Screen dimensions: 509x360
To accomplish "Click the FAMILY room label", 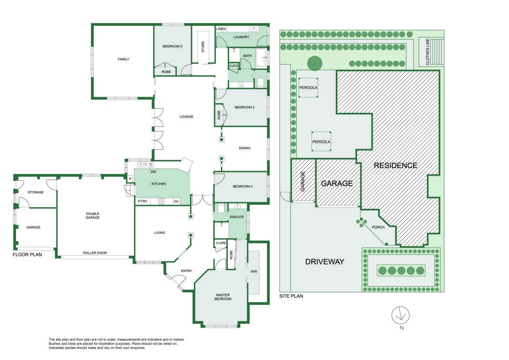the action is [123, 59].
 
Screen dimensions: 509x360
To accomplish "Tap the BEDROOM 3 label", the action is [172, 46].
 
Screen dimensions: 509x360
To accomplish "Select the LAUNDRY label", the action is [241, 37].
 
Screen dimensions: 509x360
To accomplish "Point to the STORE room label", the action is [203, 47].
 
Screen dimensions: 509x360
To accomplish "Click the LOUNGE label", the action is [186, 117].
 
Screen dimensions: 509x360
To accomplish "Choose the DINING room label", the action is [245, 148].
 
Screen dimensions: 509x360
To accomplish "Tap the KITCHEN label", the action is [159, 184].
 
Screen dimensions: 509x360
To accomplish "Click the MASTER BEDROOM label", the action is [223, 297].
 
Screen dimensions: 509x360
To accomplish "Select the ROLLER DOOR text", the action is [95, 253].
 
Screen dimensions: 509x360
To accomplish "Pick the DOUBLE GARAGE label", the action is [92, 215].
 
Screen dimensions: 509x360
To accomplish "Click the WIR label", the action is [254, 272].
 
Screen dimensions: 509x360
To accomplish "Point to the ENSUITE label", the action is [237, 217].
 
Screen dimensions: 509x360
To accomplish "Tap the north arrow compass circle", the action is [400, 315].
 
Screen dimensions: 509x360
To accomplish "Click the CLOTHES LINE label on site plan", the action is [428, 52].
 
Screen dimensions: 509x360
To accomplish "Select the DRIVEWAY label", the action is [325, 262].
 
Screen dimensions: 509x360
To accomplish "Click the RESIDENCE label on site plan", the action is [395, 165].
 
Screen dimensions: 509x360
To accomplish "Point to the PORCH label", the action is [378, 227].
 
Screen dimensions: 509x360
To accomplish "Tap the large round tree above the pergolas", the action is [314, 63].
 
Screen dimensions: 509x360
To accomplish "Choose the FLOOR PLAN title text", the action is [27, 254].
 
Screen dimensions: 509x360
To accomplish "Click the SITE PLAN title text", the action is [291, 296].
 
